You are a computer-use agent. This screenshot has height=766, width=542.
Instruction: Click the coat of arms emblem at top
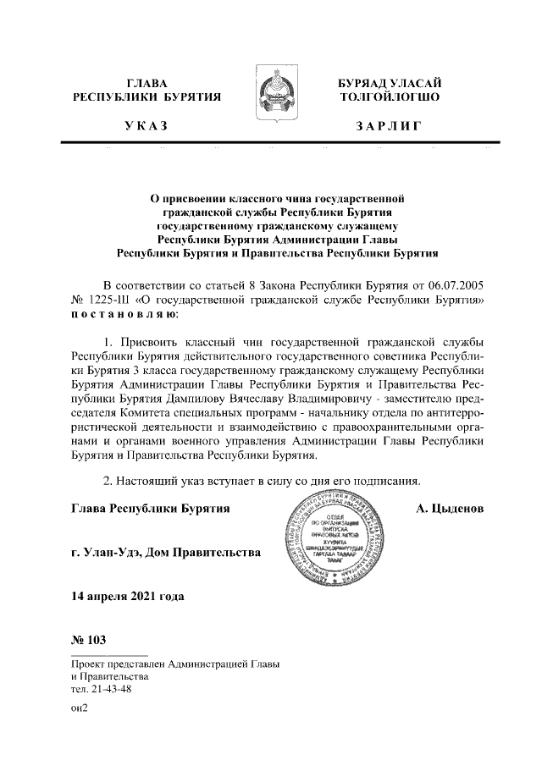tap(270, 94)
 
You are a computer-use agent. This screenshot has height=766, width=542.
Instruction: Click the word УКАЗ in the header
tap(146, 126)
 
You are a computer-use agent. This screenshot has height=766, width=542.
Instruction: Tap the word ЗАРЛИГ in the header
tap(387, 126)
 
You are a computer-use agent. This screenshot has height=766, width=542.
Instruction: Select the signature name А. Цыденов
tap(450, 509)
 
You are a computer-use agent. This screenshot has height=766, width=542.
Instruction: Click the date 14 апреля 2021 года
tap(128, 597)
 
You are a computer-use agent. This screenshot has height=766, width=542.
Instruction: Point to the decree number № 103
tap(89, 639)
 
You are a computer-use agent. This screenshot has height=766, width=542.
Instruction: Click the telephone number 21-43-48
tap(110, 689)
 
